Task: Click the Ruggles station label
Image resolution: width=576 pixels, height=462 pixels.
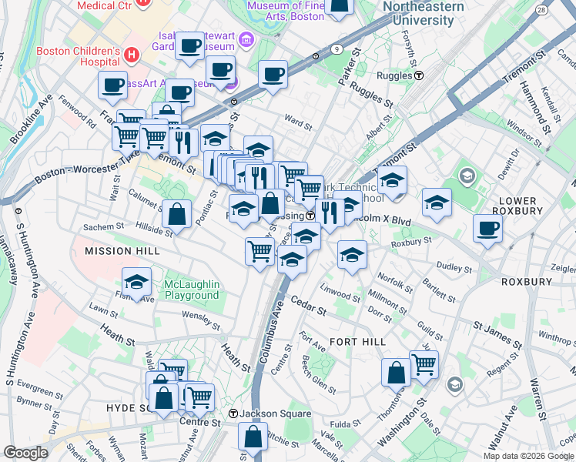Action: coord(395,75)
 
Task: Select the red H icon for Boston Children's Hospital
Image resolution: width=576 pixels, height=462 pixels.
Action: coord(131,55)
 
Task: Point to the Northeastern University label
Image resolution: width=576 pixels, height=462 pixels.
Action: coord(424,12)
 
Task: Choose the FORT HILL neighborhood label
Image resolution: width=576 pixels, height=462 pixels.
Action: coord(352,341)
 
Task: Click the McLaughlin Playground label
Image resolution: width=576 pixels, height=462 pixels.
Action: coord(192,290)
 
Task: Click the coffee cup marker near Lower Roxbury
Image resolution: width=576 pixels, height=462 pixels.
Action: coord(487,229)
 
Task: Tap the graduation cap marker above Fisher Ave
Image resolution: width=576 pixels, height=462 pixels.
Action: coord(136,283)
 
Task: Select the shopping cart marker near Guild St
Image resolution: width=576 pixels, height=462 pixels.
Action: coord(424,365)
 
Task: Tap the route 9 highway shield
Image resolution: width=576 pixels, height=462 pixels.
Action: coord(337,49)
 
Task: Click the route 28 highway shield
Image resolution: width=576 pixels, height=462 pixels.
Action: coord(542,10)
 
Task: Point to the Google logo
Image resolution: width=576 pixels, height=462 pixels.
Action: coord(25,453)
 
